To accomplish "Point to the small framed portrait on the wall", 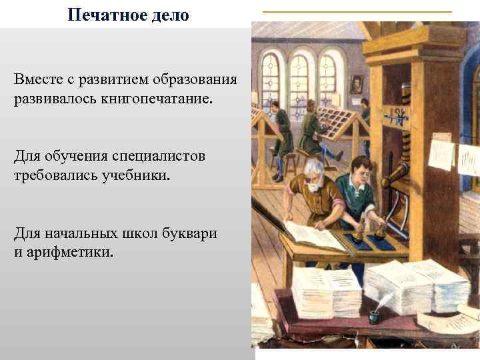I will tap(357, 84).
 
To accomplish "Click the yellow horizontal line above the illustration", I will tap(357, 12).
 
